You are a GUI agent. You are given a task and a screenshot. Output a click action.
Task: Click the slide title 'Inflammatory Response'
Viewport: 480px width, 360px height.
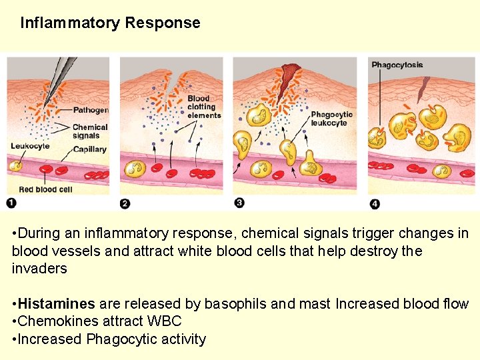[110, 23]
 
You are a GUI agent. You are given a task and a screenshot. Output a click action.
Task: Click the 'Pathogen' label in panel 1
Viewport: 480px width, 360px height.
[90, 110]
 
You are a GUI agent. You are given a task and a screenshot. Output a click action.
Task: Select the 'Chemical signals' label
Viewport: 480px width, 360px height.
[90, 131]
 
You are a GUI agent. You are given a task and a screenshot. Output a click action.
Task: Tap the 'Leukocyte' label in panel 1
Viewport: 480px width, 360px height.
[30, 146]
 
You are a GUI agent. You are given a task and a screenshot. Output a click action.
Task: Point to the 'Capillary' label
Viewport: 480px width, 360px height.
[90, 149]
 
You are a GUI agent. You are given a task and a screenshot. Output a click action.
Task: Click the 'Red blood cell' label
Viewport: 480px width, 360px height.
[46, 190]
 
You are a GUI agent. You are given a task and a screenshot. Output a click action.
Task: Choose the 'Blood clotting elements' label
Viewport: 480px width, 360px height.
[203, 107]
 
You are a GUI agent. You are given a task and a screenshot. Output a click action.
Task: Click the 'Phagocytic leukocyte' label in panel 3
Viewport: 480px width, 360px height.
[331, 119]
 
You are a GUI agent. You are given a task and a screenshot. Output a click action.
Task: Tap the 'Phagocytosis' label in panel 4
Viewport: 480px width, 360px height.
[397, 65]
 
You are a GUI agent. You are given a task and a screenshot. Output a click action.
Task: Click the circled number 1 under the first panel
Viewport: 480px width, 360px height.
[11, 202]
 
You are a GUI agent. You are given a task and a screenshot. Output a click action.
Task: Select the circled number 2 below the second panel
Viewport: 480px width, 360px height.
[125, 203]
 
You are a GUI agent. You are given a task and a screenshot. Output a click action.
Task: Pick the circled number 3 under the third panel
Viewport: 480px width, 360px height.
[239, 203]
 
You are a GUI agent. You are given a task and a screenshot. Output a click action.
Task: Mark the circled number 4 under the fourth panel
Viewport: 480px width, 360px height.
[375, 203]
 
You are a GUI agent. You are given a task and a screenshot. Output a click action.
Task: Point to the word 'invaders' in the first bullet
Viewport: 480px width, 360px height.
[39, 269]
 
